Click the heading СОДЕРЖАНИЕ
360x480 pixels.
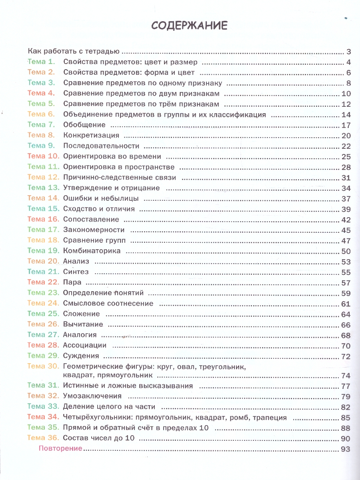[189, 26]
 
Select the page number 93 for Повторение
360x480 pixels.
[346, 449]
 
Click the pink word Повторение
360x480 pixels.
[60, 448]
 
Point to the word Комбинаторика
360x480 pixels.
[92, 251]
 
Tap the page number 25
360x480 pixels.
[346, 156]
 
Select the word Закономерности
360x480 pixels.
[94, 230]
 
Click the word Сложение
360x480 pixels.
[82, 314]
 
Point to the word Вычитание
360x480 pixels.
[83, 324]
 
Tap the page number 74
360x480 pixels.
[346, 376]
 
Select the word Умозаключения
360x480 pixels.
[92, 396]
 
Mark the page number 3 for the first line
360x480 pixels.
[348, 52]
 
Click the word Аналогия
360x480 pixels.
[80, 335]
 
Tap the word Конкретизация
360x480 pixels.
[91, 135]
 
